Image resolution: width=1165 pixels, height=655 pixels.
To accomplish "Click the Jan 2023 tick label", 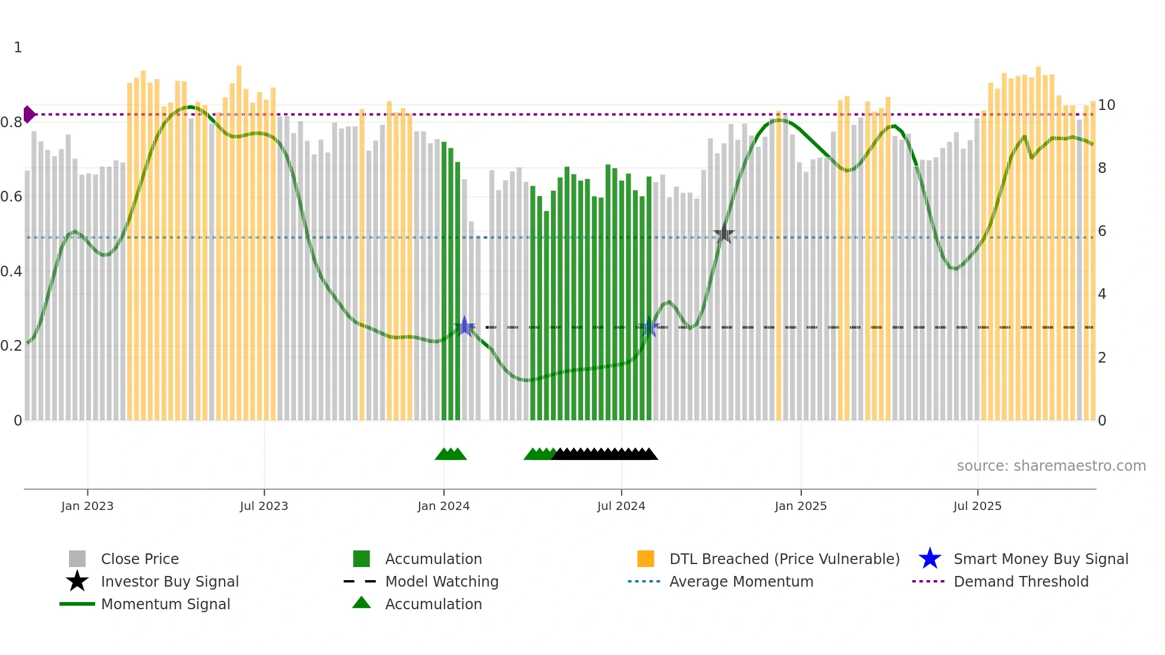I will (87, 506).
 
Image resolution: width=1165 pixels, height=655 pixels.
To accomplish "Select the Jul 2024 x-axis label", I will (621, 506).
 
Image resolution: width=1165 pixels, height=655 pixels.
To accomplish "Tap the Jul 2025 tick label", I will (977, 506).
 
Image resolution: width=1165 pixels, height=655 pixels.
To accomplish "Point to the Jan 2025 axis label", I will (801, 506).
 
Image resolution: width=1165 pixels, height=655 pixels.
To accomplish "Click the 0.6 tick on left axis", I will (11, 197).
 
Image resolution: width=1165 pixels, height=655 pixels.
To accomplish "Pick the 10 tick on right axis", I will (1106, 105).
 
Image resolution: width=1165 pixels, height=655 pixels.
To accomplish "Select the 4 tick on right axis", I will (1102, 294).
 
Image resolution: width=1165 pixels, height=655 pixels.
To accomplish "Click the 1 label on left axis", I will (18, 48).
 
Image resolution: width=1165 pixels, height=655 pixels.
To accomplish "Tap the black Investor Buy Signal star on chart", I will (724, 234).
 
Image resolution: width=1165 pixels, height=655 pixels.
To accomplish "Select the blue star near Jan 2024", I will (465, 326).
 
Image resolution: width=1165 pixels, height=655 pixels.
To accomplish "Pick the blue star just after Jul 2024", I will (650, 327).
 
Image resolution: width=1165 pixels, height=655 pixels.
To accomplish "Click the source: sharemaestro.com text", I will (1051, 466).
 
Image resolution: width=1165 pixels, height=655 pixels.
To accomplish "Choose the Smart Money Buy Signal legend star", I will (930, 559).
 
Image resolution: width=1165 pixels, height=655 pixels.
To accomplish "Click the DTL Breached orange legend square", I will (646, 559).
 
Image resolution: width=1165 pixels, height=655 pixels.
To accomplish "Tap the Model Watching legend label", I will (442, 581).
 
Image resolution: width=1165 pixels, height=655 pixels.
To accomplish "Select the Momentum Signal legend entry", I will (165, 604).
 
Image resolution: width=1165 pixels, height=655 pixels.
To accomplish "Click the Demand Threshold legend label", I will (1021, 581).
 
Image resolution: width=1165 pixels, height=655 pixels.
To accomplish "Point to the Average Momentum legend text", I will (741, 581).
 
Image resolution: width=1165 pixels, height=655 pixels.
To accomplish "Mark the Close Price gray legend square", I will (77, 559).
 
